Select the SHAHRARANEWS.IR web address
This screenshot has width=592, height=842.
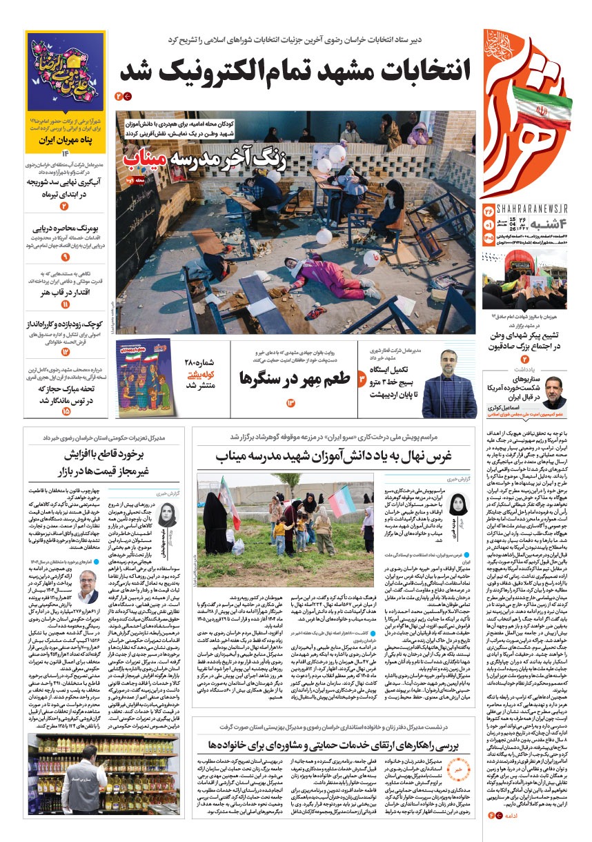point(524,210)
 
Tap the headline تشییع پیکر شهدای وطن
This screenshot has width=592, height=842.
point(528,335)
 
